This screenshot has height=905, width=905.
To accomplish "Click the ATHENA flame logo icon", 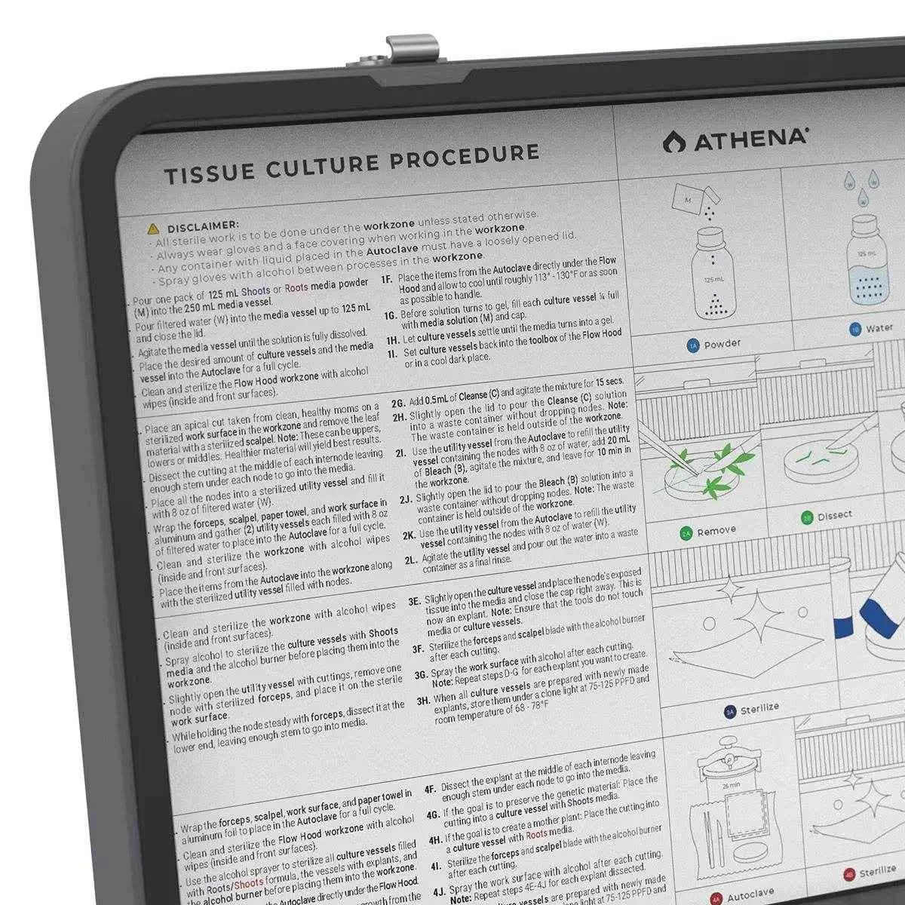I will coord(670,141).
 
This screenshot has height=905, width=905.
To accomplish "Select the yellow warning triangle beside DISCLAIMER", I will coord(153,228).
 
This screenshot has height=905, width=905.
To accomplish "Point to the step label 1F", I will coord(387,279).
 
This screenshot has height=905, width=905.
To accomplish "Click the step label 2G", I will coord(399,403).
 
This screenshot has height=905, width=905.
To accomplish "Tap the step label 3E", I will coord(415,601).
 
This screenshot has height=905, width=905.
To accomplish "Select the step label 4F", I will coord(430,790).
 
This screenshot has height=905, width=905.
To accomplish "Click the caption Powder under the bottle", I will coord(722,344).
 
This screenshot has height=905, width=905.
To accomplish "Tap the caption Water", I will coord(879,328).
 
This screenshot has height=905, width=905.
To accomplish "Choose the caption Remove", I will coord(716,531).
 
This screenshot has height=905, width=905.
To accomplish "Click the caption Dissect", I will coord(834,516).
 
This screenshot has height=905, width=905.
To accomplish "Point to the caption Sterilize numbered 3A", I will coord(759,708).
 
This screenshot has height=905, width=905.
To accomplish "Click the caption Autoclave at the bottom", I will coord(750,894).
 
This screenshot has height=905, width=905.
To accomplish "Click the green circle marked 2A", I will coord(686,533).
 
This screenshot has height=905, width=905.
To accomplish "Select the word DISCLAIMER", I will coord(203,225).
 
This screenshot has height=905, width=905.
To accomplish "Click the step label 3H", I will coord(423,701).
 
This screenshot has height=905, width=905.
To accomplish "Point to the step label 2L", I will coord(411,560).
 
